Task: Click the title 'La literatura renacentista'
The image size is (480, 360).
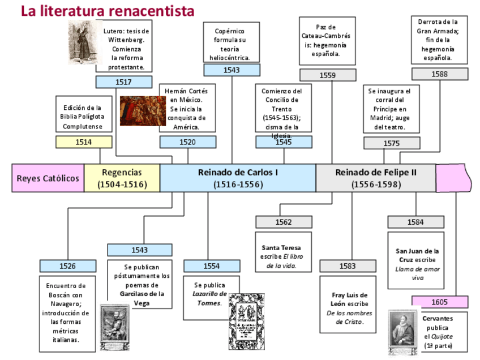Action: tap(108, 11)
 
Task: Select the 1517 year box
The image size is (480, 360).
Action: tap(123, 82)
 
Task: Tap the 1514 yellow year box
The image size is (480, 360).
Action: tap(84, 142)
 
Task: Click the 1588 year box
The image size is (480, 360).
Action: tap(439, 74)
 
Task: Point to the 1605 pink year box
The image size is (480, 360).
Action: tap(439, 302)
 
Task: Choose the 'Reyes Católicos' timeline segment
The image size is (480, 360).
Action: tap(48, 178)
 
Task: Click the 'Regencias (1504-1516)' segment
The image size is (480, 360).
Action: tap(122, 178)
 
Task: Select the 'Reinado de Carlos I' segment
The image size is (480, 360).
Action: tap(238, 178)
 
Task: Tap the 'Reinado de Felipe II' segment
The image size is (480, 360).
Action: tap(376, 178)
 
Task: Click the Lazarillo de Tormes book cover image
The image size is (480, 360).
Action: tap(246, 321)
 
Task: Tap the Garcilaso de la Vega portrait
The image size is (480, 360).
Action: tap(114, 327)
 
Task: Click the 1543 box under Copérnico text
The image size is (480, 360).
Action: tap(232, 70)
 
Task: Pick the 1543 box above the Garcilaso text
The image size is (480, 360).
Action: tap(139, 250)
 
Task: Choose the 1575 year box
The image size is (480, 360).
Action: tap(391, 143)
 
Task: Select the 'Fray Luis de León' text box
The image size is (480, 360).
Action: tap(348, 303)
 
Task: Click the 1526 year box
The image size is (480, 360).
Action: tap(67, 265)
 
